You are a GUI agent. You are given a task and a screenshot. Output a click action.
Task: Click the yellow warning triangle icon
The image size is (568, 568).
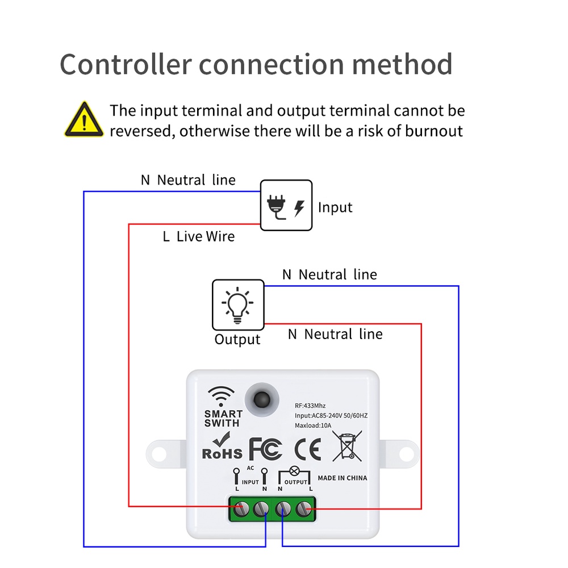(x=84, y=120)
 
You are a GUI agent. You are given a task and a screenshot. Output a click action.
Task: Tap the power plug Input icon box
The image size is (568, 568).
(x=286, y=205)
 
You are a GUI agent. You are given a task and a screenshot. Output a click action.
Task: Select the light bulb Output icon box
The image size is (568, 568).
(x=238, y=305)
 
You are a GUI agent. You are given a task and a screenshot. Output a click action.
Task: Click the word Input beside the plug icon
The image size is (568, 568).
(x=335, y=208)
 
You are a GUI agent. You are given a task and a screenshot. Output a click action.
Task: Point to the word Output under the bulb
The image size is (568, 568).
(x=237, y=340)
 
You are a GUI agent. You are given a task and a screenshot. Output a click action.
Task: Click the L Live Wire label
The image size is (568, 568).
(x=198, y=236)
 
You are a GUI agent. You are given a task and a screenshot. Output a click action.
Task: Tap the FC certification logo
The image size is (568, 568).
(x=265, y=449)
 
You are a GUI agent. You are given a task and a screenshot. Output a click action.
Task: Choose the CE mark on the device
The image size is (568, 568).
(x=307, y=449)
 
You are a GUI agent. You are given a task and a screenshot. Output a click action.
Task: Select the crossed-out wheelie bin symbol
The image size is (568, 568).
(x=346, y=446)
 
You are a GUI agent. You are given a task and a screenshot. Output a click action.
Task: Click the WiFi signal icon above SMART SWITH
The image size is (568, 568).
(x=221, y=396)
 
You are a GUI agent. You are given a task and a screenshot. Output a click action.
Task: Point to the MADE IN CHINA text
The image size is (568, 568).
(x=342, y=478)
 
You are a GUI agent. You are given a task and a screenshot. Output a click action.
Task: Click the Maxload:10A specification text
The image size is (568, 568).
(x=313, y=425)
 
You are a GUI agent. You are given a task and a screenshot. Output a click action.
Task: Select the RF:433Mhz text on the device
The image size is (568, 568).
(x=310, y=406)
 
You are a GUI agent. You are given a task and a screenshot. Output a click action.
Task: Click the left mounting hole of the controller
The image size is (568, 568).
(x=160, y=454)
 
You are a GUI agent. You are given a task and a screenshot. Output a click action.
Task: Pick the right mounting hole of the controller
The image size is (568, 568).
(x=406, y=454)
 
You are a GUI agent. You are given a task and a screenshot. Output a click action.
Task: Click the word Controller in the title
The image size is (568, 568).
(x=125, y=64)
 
